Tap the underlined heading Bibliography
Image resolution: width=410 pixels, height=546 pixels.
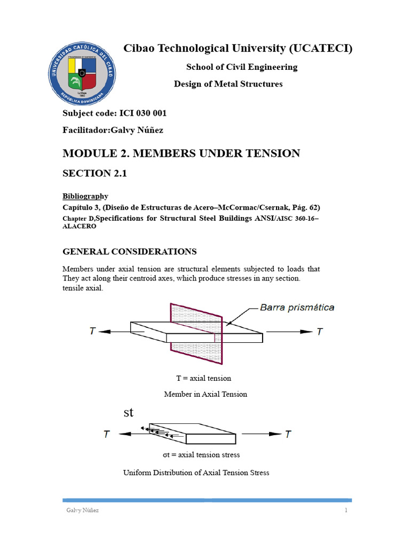pos(85,196)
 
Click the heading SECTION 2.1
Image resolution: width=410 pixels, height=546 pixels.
pos(96,174)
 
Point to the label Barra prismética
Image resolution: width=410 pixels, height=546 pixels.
pos(297,307)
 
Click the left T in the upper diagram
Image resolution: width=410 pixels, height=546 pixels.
pos(93,331)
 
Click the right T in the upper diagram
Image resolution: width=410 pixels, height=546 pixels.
pos(319,331)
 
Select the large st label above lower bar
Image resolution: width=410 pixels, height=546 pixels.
pos(128,413)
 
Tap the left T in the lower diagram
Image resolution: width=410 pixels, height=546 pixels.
pos(107,434)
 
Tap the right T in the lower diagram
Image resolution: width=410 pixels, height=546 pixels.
pos(288,434)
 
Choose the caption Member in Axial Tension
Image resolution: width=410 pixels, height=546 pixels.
pos(205,394)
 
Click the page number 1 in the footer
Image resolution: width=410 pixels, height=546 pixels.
pos(346,510)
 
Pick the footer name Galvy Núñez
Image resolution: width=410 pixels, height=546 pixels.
pos(78,510)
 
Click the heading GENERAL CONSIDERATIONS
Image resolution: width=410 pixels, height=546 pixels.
pos(130,251)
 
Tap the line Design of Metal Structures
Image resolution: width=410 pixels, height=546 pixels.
pos(228,84)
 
